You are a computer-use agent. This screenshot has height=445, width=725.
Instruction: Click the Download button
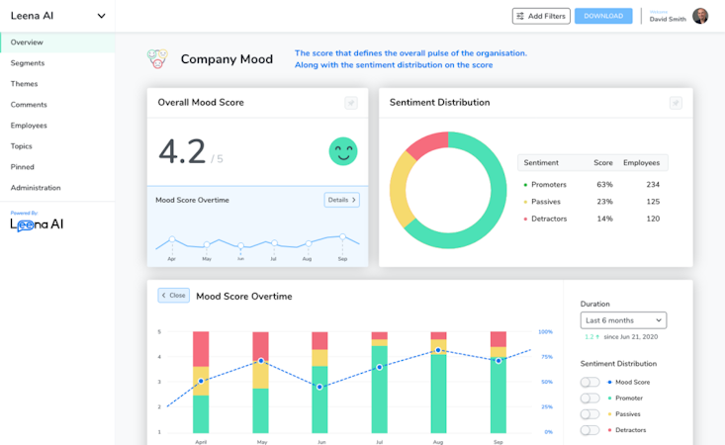[603, 16]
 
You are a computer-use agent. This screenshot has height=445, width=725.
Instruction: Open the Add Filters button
[541, 16]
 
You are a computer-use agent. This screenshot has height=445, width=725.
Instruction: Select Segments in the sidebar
[28, 63]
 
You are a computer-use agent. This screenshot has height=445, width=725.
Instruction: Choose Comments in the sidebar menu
[29, 105]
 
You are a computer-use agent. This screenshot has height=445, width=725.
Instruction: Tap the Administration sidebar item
[36, 188]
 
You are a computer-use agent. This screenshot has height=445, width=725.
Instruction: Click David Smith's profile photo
[700, 16]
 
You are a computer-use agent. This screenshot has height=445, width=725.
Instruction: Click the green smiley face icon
[343, 151]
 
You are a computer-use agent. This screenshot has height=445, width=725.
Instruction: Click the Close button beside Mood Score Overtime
[173, 296]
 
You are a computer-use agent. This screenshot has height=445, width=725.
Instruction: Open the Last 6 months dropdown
[623, 320]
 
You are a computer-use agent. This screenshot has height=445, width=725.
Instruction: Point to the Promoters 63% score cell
[604, 185]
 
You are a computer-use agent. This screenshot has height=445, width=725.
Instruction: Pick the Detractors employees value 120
[652, 219]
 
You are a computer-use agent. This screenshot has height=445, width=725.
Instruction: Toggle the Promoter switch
[589, 399]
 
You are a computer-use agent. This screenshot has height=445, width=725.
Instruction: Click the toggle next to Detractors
[589, 430]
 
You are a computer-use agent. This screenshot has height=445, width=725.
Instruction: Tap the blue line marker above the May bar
[261, 361]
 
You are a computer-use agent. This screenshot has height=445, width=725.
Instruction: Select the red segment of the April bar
[201, 349]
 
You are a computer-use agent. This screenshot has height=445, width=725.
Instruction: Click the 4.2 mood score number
[183, 151]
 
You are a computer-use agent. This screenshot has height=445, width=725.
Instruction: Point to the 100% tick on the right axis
[545, 332]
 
